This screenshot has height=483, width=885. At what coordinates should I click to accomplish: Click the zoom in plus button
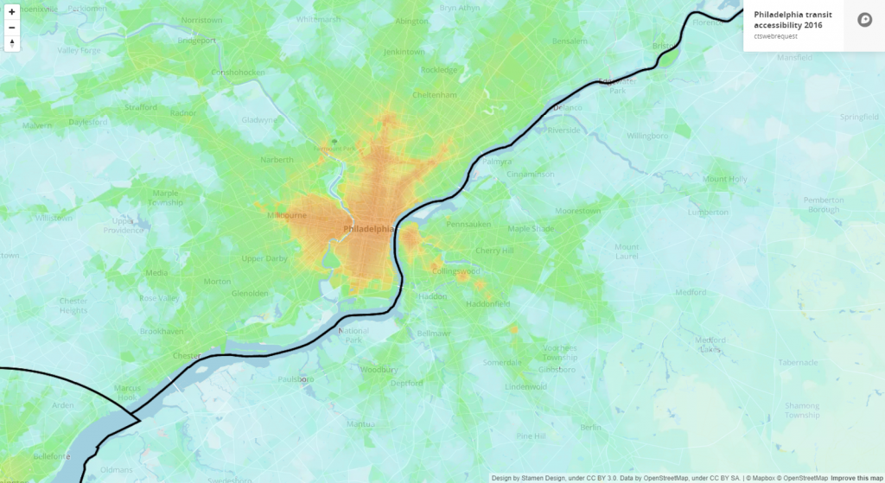coord(12,12)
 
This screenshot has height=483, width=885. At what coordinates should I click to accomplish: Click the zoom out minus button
coord(12,28)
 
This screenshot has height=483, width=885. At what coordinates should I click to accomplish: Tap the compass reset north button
coord(12,43)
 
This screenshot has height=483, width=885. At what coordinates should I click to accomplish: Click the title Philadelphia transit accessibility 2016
coord(788,20)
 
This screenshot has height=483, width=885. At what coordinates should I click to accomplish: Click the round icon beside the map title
coord(864,20)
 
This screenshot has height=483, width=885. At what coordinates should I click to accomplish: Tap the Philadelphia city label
coord(368,229)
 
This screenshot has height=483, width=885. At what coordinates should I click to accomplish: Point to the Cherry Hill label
coord(493,251)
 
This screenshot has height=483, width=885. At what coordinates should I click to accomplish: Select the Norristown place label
coord(201,19)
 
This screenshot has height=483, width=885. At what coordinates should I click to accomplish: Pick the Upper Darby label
coord(264,258)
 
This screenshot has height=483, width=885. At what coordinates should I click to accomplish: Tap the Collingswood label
coord(455,271)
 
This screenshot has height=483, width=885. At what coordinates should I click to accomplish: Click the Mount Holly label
coord(724,179)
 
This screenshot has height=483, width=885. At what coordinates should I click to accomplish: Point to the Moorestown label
coord(577,210)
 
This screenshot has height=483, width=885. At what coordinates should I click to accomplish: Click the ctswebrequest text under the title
coord(774,36)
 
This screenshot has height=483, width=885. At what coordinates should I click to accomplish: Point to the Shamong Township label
coord(801,410)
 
